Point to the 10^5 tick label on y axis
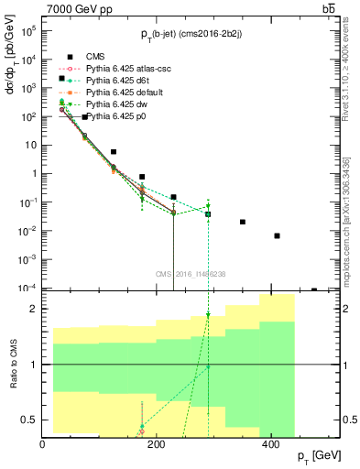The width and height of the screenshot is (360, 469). [x=25, y=31]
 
